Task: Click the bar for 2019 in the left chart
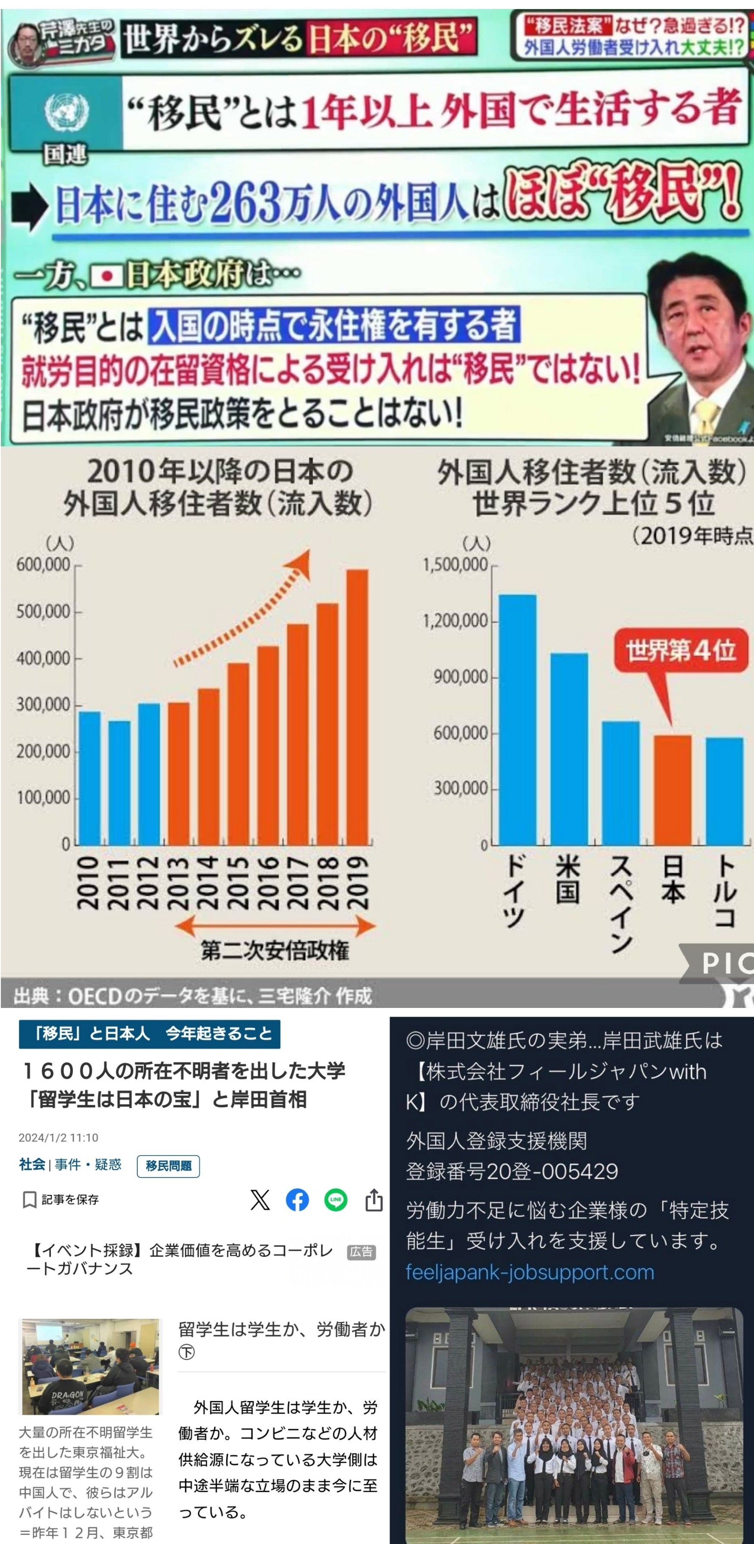(x=357, y=707)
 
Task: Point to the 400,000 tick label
(x=43, y=659)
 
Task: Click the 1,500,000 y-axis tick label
(x=455, y=564)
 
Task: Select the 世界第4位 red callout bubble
(x=681, y=650)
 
